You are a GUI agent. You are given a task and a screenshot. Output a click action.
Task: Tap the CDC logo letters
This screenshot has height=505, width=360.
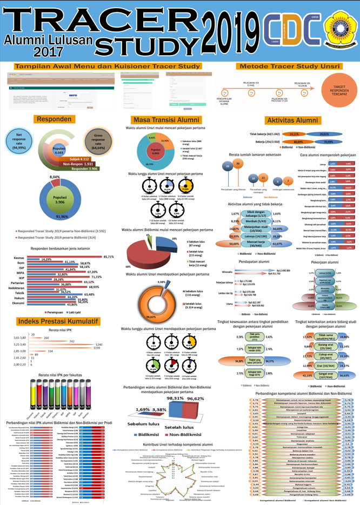click(282, 30)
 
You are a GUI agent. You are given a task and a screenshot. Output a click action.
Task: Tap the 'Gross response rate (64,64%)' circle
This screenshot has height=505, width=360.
click(98, 142)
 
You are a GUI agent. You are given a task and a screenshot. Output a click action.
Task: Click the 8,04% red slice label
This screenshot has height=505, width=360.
click(55, 178)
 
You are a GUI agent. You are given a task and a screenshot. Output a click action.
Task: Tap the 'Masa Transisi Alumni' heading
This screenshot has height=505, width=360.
click(165, 119)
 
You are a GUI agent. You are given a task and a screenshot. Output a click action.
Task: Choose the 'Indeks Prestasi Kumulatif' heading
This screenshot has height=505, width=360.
click(59, 321)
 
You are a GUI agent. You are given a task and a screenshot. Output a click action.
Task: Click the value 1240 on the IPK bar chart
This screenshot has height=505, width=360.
click(98, 344)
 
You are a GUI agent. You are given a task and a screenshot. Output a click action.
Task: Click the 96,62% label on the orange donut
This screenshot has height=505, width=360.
click(150, 317)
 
